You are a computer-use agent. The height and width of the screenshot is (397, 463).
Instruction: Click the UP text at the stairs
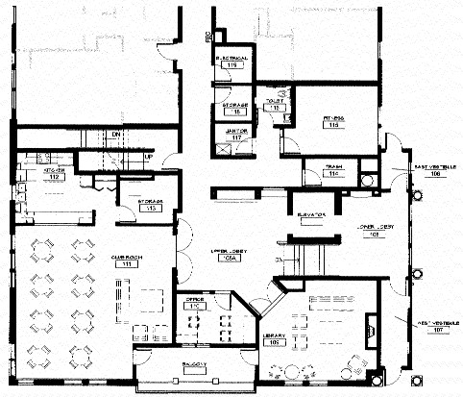[x=148, y=156]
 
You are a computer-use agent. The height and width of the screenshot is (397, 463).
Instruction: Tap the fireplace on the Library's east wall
[x=373, y=335]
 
